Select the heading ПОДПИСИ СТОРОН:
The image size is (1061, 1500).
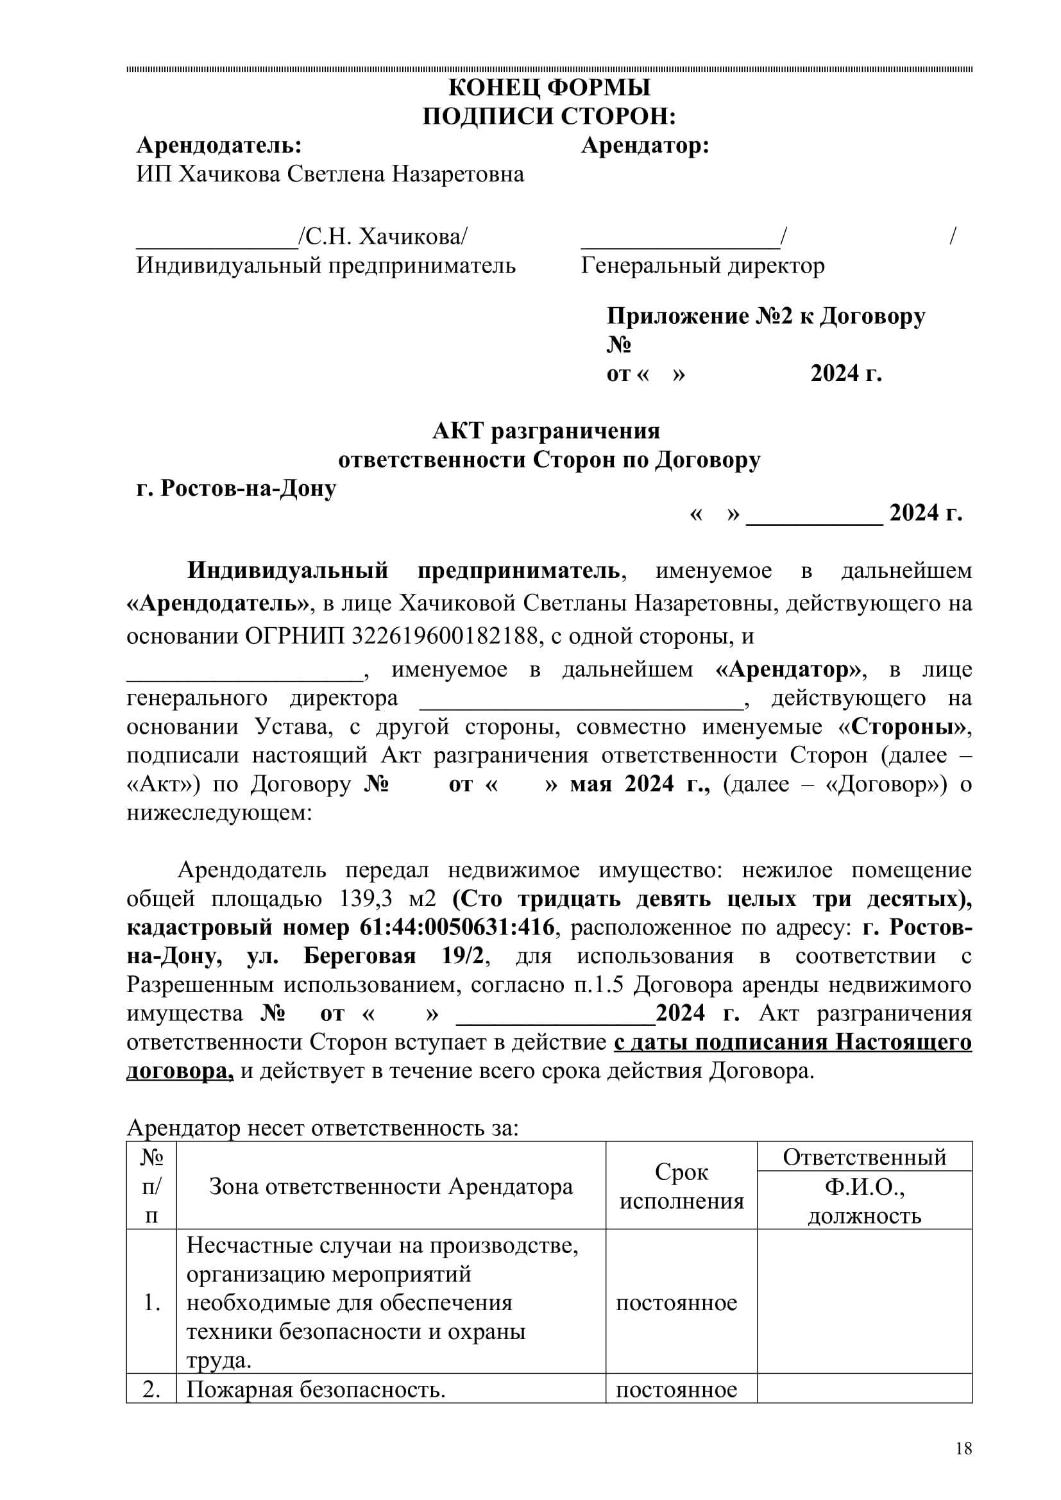[x=549, y=116]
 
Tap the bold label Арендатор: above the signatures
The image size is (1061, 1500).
[x=645, y=145]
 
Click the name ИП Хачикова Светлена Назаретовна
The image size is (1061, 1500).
[x=330, y=174]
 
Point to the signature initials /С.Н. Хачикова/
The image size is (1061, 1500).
[x=383, y=237]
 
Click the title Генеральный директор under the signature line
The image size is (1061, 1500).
[x=702, y=265]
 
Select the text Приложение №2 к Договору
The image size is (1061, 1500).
[x=766, y=316]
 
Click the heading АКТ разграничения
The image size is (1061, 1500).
[x=546, y=431]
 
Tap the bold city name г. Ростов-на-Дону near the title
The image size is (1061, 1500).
[x=236, y=488]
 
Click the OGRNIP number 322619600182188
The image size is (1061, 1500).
[x=445, y=636]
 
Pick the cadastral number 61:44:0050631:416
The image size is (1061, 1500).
[x=457, y=927]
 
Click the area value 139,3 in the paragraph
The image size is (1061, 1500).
[x=366, y=899]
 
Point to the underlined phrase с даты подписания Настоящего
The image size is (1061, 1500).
[x=792, y=1041]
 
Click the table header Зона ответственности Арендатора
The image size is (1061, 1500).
[x=391, y=1186]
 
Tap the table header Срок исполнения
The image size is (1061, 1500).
[x=681, y=1186]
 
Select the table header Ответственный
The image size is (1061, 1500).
[x=864, y=1157]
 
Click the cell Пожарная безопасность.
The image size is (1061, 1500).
[x=316, y=1389]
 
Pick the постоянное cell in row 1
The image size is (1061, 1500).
[x=676, y=1302]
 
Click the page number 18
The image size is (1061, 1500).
[x=963, y=1449]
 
